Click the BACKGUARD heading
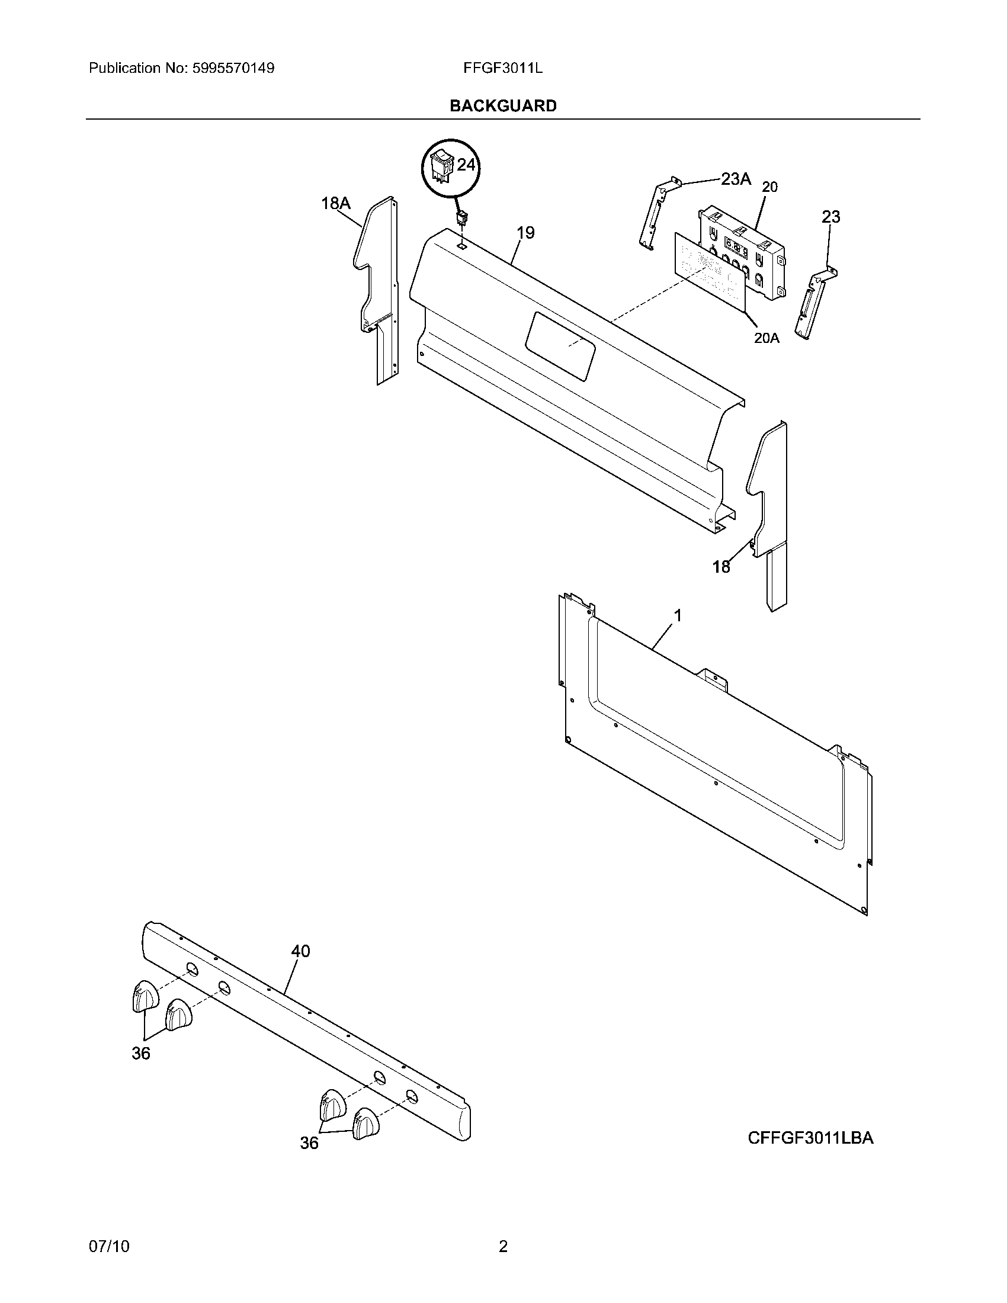coord(503,105)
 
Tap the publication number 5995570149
coord(233,68)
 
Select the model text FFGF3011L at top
coord(502,68)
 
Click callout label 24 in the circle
coord(466,165)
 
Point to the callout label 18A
coord(335,203)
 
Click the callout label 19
coord(525,233)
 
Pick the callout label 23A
coord(736,178)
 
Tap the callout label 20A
coord(767,338)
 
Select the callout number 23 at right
coord(830,217)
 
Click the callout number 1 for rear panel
coord(677,615)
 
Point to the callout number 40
coord(300,951)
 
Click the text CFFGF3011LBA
coord(810,1138)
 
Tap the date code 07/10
coord(108,1246)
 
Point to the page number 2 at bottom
coord(503,1246)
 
